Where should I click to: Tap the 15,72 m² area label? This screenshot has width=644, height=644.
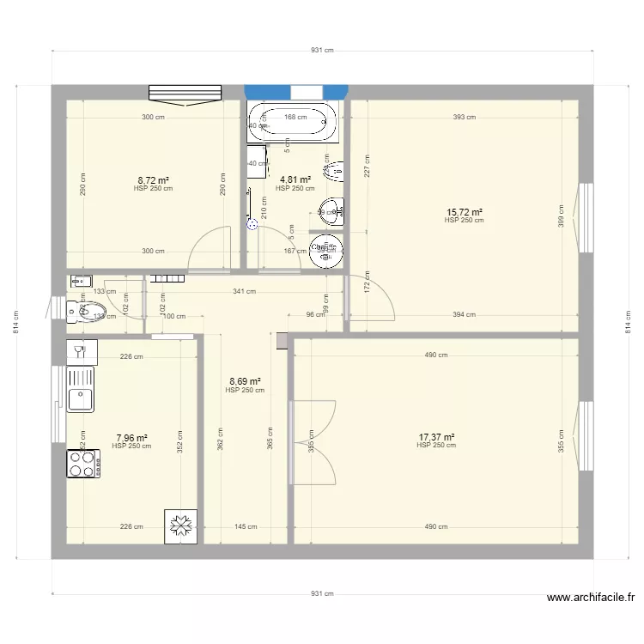(464, 212)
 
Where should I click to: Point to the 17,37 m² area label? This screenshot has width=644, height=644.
(436, 437)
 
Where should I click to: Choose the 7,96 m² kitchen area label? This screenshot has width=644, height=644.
(131, 438)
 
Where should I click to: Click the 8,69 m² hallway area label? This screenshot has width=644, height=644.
(245, 382)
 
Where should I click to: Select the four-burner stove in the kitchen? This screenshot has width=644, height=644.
(83, 464)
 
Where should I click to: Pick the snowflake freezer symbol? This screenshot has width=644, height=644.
(181, 526)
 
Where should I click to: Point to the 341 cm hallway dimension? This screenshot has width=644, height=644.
(245, 292)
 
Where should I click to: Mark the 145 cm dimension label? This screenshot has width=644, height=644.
(246, 527)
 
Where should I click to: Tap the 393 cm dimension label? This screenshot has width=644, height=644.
(464, 118)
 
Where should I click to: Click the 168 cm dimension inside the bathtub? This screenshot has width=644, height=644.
(295, 118)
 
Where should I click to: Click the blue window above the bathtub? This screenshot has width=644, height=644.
(296, 92)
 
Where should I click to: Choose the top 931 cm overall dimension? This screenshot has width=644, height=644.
(322, 51)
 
